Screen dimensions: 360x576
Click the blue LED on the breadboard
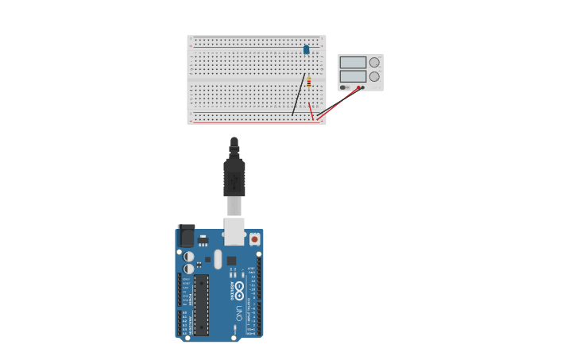coord(306,49)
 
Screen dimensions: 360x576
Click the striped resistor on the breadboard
coord(309,81)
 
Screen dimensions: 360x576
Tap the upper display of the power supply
coord(353,62)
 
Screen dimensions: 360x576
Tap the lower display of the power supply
coord(353,76)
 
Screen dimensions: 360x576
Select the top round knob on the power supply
coord(374,62)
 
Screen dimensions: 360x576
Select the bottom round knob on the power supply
coord(374,77)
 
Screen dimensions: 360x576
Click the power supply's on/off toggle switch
coord(344,87)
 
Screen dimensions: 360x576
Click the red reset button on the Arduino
coord(254,238)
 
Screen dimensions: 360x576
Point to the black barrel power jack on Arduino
coord(187,236)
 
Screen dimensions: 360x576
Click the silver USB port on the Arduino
coord(234,231)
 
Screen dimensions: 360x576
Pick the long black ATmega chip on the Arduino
coord(202,304)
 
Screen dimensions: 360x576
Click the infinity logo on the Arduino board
coord(239,290)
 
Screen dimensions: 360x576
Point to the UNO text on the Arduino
coord(239,313)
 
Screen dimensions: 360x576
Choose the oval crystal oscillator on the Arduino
coord(218,258)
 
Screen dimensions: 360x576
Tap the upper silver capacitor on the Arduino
coord(189,257)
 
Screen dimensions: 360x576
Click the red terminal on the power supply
coord(359,87)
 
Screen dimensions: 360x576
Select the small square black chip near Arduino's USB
coord(231,260)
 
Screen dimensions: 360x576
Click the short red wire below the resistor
coord(311,109)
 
